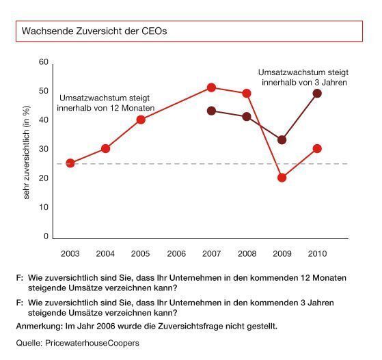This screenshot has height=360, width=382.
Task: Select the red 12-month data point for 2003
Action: point(70,163)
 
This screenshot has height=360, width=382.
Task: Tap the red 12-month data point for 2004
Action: point(105,148)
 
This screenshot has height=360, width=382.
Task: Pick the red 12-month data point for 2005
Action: point(141,120)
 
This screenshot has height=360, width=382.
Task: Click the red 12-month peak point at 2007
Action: point(211,87)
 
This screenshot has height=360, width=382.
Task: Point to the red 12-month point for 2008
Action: point(247,93)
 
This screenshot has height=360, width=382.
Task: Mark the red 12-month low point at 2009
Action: point(282,178)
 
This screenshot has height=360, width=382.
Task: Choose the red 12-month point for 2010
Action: point(317,148)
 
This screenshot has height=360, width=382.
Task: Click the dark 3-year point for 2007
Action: point(211,111)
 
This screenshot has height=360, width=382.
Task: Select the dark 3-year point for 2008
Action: point(247,117)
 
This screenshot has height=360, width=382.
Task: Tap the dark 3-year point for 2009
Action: point(282,140)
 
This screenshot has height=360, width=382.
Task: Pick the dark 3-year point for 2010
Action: point(317,93)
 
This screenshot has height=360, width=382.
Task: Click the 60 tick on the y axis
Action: point(44,62)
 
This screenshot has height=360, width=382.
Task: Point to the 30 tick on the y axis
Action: point(44,149)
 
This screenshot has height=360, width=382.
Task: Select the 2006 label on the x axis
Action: point(176,253)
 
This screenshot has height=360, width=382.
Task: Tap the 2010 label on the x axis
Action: point(317,253)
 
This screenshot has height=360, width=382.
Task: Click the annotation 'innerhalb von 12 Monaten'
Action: point(107,109)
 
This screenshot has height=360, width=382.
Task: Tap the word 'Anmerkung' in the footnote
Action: point(38,327)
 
